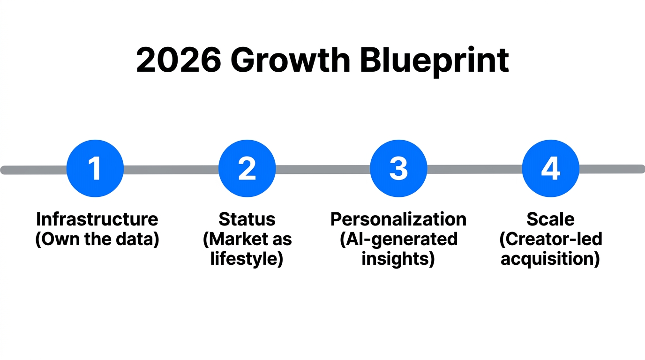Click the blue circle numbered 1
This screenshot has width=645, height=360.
tap(95, 168)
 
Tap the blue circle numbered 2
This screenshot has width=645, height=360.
tap(247, 168)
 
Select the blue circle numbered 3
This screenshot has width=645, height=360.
tap(398, 168)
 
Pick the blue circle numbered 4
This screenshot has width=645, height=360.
tap(550, 168)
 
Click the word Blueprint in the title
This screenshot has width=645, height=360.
tap(434, 60)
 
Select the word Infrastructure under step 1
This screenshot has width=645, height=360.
tap(97, 219)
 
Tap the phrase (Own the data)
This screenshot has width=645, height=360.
tap(97, 239)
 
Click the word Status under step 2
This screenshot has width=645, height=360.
tap(247, 219)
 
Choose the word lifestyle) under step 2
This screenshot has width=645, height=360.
tap(247, 259)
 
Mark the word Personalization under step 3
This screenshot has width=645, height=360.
tap(398, 219)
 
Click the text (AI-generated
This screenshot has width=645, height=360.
tap(398, 239)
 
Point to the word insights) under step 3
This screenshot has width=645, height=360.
tap(398, 259)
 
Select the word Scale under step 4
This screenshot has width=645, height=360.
tap(550, 219)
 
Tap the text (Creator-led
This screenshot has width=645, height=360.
tap(550, 239)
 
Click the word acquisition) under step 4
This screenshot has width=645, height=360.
tap(550, 259)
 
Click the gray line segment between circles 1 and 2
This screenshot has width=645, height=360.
tap(171, 169)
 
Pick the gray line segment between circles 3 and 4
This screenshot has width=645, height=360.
tap(474, 169)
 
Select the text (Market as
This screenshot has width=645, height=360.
tap(247, 239)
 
